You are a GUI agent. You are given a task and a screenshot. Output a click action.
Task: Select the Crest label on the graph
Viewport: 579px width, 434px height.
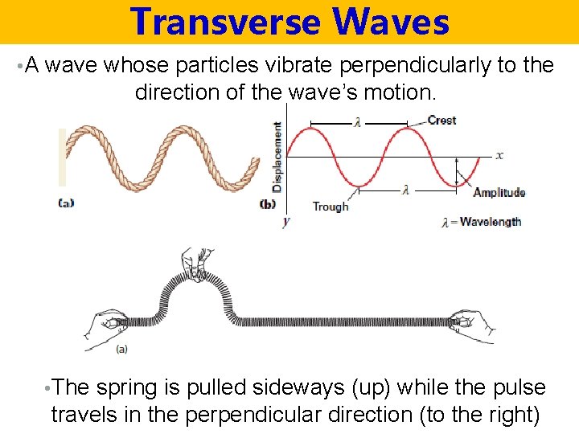coord(441,121)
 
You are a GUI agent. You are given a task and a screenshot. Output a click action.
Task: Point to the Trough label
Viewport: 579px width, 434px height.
coord(330,207)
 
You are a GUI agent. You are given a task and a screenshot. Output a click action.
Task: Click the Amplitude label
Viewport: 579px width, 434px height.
coord(499,192)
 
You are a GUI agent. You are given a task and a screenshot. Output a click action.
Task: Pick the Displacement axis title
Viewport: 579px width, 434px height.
coord(277,156)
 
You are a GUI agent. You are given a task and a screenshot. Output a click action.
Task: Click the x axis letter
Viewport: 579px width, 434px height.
coord(499,154)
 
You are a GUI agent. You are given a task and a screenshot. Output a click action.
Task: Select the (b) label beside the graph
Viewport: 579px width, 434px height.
coord(268,204)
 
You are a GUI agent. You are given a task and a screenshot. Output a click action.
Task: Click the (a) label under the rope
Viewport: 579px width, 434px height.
coord(66,203)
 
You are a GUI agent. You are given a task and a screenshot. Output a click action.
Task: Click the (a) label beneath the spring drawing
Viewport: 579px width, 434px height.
coord(121,349)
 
